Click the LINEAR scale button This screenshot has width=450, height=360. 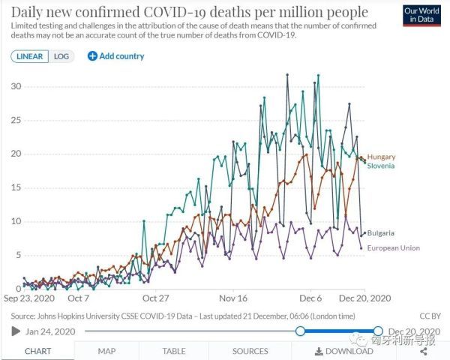point(30,56)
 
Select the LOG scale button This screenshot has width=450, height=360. point(61,56)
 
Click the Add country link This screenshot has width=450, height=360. point(116,56)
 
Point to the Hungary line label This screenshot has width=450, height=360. point(382,157)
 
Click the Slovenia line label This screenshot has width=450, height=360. point(381,165)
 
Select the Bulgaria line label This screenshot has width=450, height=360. point(381,233)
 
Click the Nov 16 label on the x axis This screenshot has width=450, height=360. point(234,297)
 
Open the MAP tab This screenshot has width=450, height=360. point(106,350)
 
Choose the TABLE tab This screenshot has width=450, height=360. point(174,350)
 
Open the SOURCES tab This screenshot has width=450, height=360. point(250,350)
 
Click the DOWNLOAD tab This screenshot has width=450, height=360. point(344,350)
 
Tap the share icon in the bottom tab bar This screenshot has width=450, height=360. point(424,350)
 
